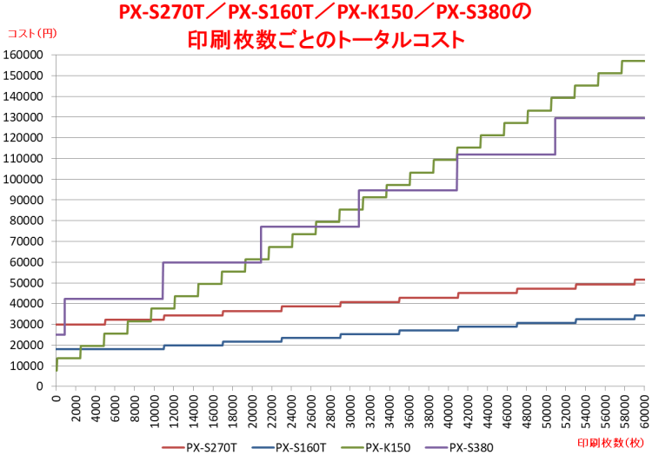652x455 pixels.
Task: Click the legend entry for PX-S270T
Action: pyautogui.click(x=208, y=447)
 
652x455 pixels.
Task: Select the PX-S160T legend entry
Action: pyautogui.click(x=300, y=447)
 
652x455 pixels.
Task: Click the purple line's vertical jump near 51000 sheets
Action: pyautogui.click(x=555, y=135)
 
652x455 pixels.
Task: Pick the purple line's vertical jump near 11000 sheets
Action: pyautogui.click(x=163, y=280)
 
